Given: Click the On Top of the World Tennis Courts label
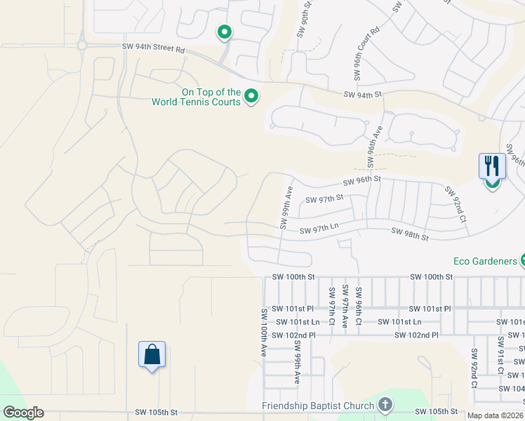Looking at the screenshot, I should [196, 97].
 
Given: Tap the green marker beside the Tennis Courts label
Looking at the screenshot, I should [251, 96].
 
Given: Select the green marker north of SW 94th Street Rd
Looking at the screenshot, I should [225, 32].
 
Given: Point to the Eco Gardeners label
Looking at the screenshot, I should [484, 261].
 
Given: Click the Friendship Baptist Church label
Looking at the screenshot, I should [318, 406].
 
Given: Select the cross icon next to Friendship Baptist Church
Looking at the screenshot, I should [385, 405].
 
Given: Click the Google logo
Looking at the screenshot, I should [22, 413].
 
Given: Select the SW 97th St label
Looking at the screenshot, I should [324, 199].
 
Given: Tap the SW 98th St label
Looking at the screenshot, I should [409, 234].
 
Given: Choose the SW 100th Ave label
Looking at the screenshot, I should [265, 333].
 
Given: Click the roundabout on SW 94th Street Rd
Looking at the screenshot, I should [82, 45].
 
